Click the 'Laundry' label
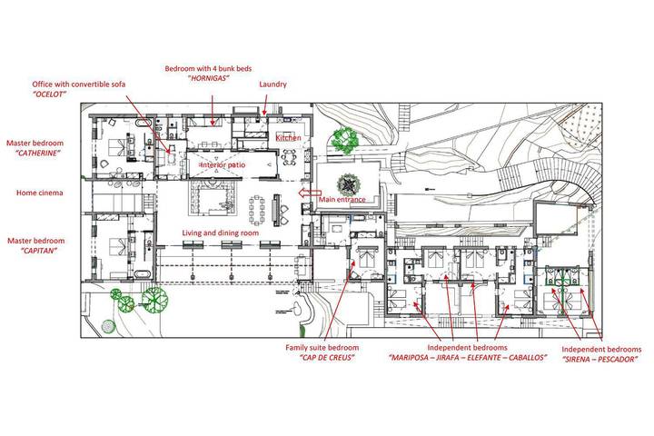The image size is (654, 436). click(272, 84)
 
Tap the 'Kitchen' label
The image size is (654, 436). click(288, 137)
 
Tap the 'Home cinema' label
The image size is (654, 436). click(38, 193)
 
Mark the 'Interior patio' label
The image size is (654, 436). click(223, 165)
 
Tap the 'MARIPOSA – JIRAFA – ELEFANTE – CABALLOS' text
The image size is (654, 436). click(467, 358)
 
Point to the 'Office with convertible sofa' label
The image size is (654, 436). click(79, 84)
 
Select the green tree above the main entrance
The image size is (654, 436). click(342, 140)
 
